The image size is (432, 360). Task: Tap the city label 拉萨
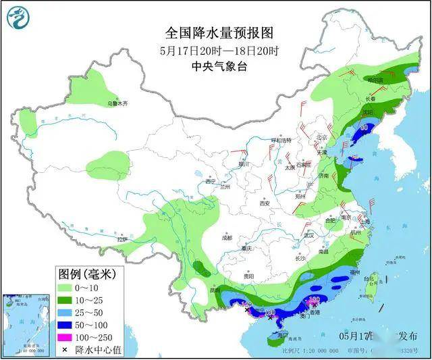[x=122, y=239]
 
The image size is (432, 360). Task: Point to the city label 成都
[x=225, y=238]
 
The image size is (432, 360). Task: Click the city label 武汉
[x=309, y=236]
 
